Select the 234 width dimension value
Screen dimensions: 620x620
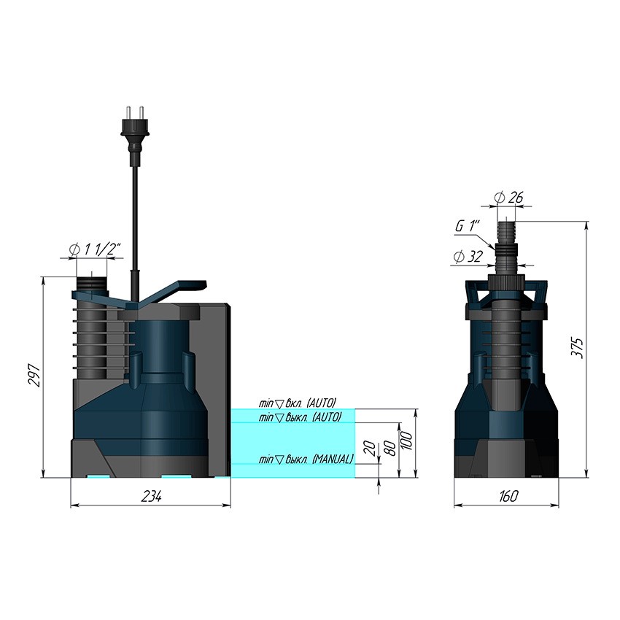coord(151,496)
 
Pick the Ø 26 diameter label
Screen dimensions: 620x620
coord(508,197)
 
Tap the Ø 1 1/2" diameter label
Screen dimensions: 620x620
coord(94,249)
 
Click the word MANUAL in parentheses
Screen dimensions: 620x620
coord(333,459)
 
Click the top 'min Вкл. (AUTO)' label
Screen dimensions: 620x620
coord(297,403)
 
